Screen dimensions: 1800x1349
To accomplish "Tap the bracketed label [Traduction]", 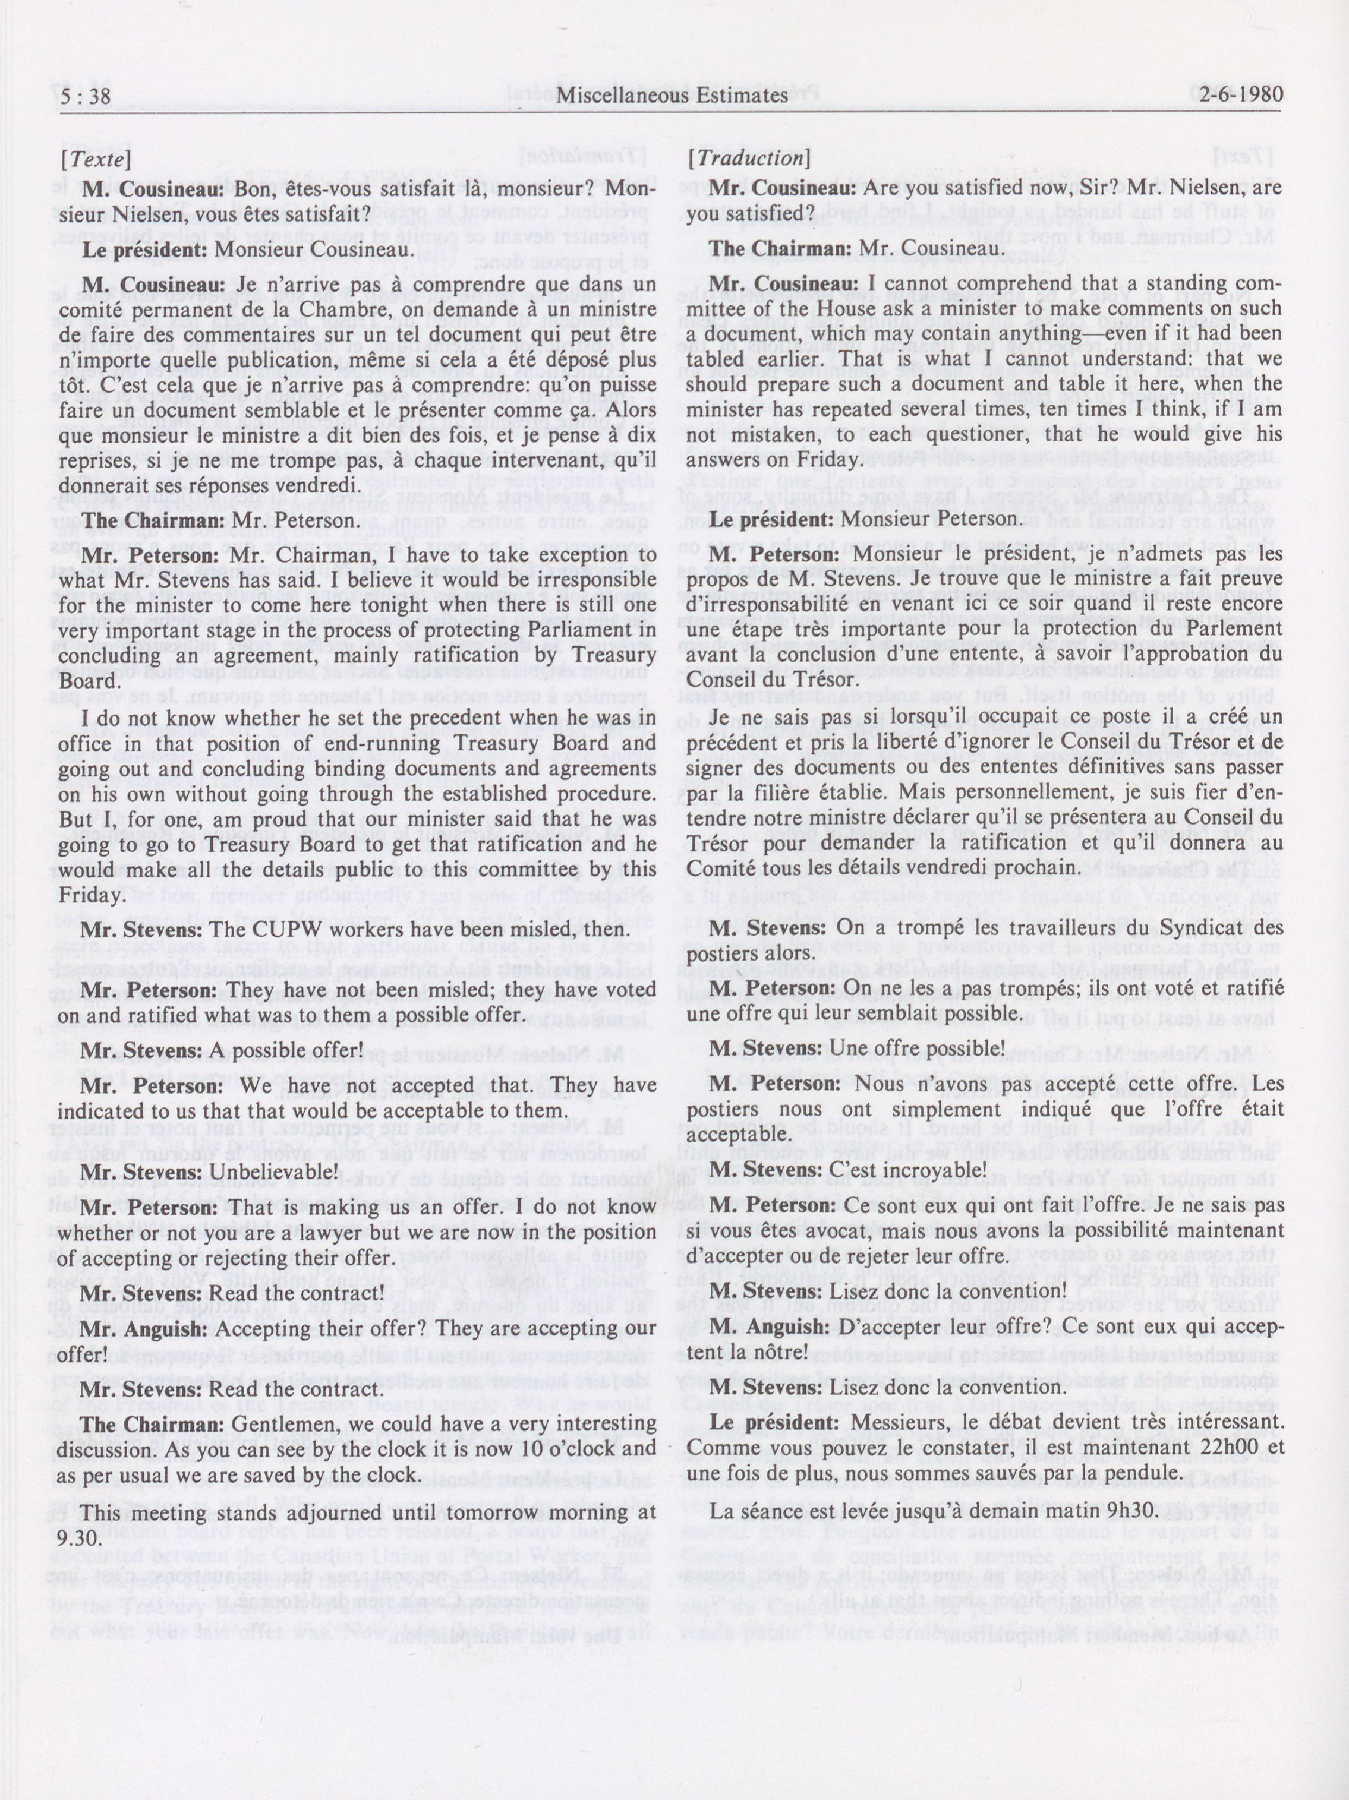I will pyautogui.click(x=749, y=158).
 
